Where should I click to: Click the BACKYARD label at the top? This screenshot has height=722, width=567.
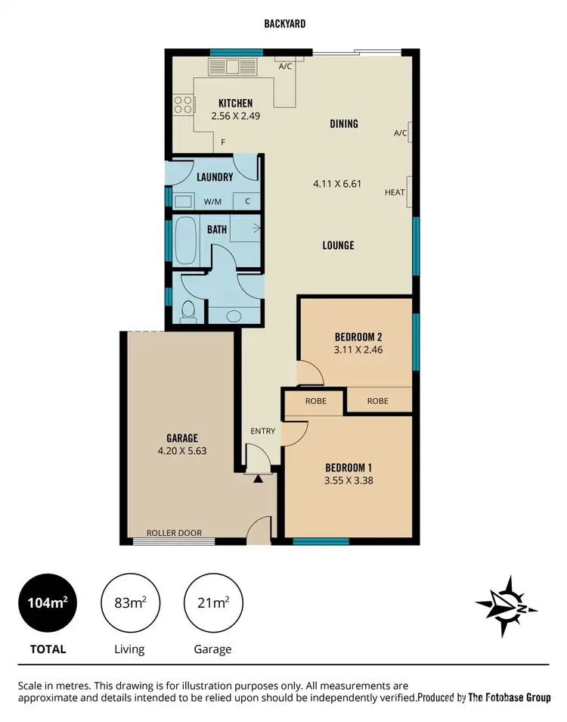point(285,24)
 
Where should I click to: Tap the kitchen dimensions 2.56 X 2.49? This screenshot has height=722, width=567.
point(235,117)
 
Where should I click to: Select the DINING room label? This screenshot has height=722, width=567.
point(344,123)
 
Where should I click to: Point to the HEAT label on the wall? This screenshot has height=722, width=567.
point(395,192)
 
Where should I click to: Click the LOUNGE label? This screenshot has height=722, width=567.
point(337,245)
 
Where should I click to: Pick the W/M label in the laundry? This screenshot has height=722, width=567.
point(213,202)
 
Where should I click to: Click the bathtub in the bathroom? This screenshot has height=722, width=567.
point(186,241)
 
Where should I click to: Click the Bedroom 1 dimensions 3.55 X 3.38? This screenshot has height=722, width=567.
point(349,480)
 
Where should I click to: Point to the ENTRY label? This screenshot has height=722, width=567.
point(263,431)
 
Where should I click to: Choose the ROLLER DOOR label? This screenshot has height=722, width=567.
point(174,533)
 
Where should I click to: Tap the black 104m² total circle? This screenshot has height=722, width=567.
point(48,603)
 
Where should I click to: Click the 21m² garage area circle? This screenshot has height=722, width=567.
point(212,603)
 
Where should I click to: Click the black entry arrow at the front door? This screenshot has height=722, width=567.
point(258,478)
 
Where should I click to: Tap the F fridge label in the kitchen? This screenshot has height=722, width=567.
point(223,142)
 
